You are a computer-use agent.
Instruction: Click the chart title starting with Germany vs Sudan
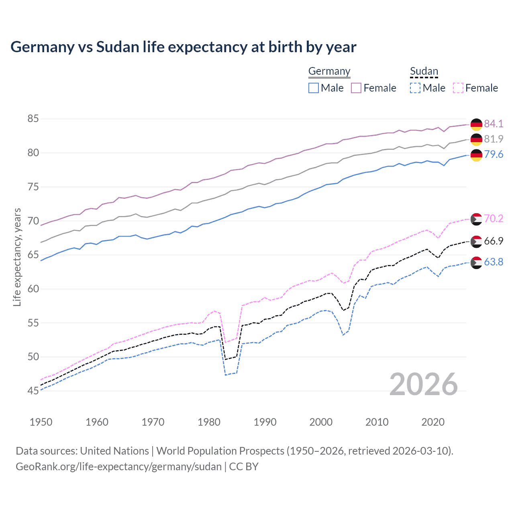pyautogui.click(x=183, y=47)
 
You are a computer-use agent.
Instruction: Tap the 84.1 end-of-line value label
pyautogui.click(x=494, y=124)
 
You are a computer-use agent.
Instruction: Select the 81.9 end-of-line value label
pyautogui.click(x=494, y=139)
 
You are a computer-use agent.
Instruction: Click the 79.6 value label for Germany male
pyautogui.click(x=494, y=155)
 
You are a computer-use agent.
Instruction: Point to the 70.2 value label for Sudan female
pyautogui.click(x=494, y=218)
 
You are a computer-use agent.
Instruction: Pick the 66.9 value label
pyautogui.click(x=494, y=241)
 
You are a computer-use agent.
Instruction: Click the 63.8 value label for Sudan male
pyautogui.click(x=494, y=262)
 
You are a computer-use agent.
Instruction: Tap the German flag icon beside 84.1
pyautogui.click(x=476, y=124)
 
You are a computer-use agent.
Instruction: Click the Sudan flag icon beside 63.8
pyautogui.click(x=476, y=263)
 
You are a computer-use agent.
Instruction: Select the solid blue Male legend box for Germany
pyautogui.click(x=314, y=88)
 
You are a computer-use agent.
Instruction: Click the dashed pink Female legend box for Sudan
pyautogui.click(x=458, y=88)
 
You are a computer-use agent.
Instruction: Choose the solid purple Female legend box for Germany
pyautogui.click(x=356, y=88)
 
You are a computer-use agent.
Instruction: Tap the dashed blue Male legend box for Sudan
pyautogui.click(x=415, y=88)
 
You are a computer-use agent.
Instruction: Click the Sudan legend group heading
pyautogui.click(x=424, y=71)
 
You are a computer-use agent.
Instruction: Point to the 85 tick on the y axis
pyautogui.click(x=33, y=119)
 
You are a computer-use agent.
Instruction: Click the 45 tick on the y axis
pyautogui.click(x=33, y=391)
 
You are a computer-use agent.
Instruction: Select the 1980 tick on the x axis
pyautogui.click(x=209, y=422)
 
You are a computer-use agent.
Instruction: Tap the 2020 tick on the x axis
pyautogui.click(x=433, y=422)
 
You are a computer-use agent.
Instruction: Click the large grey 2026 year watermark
pyautogui.click(x=423, y=384)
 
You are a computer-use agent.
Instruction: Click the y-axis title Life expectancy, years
pyautogui.click(x=17, y=257)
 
